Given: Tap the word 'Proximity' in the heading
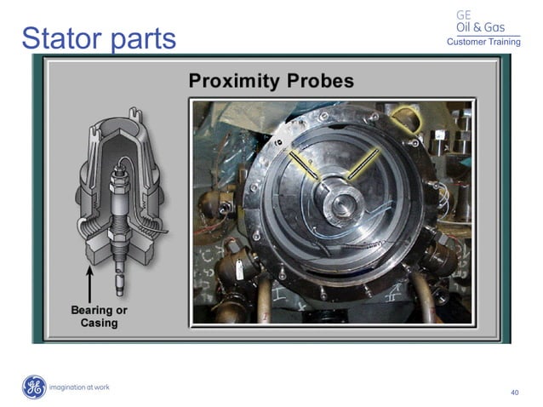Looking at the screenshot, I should [x=236, y=83].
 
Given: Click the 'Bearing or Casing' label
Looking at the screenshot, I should [x=100, y=316].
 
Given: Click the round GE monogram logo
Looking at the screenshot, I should [x=33, y=387].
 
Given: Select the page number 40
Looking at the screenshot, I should [x=514, y=393].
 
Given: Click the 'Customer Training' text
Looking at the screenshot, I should [x=483, y=42].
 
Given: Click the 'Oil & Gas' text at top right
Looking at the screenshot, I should [x=480, y=27].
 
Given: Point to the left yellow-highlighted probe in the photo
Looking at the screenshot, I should [x=304, y=164].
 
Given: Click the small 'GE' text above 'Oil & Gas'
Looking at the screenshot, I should [x=464, y=14].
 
